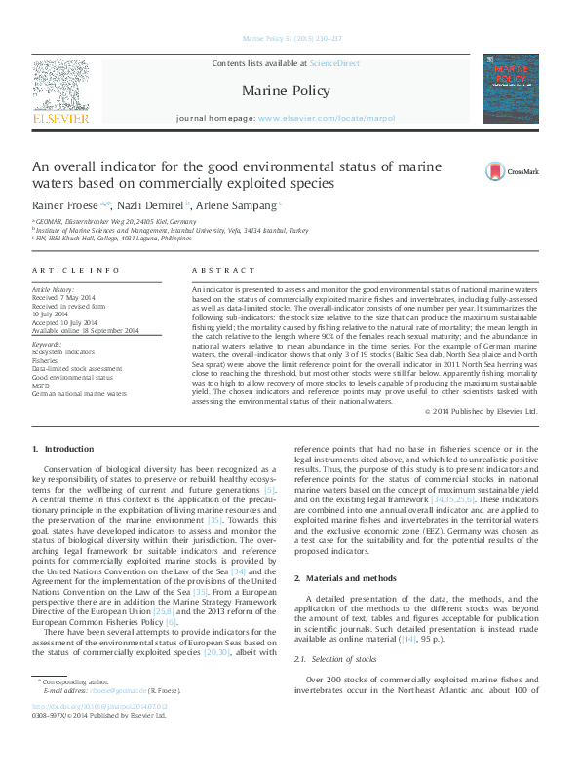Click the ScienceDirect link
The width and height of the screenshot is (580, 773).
(333, 63)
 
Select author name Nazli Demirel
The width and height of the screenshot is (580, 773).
(151, 205)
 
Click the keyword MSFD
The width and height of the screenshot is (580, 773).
(42, 386)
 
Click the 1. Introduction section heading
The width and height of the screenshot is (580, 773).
(63, 449)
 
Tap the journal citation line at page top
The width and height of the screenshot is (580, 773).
(290, 39)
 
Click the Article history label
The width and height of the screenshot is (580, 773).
(54, 290)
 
